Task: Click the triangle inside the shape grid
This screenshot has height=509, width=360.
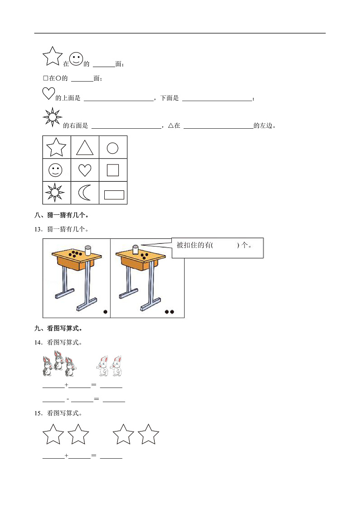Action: (x=85, y=148)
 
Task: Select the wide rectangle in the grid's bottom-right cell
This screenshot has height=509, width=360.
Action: (x=114, y=194)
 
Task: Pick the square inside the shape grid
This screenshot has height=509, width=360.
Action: (x=113, y=170)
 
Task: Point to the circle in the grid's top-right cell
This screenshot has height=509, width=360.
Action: (x=112, y=148)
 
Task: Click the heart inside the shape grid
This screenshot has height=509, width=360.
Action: (x=85, y=170)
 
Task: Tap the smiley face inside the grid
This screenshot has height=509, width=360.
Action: (x=56, y=170)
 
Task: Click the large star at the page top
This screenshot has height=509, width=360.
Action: (x=52, y=56)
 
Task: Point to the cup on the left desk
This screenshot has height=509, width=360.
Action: (x=88, y=251)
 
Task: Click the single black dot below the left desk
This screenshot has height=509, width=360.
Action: (x=105, y=312)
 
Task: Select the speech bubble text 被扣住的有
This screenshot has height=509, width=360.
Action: (x=195, y=245)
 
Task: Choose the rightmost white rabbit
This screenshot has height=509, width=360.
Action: (x=117, y=366)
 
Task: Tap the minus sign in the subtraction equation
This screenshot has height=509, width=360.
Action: (x=68, y=399)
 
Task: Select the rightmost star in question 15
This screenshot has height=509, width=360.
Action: (x=148, y=435)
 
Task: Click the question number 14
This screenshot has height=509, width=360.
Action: (x=38, y=342)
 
